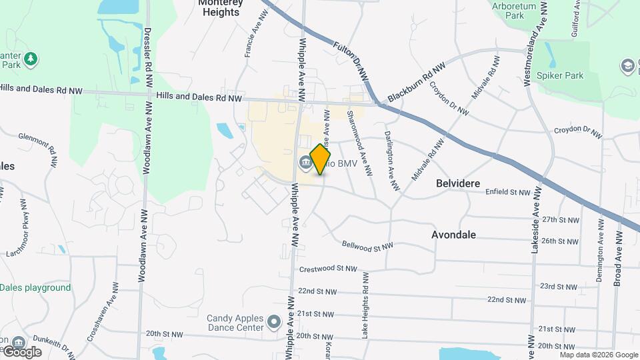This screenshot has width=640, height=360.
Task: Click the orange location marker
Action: [x=321, y=159]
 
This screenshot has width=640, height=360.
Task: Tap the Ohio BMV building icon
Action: [x=305, y=161]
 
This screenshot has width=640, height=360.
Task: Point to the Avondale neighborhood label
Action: [x=453, y=235]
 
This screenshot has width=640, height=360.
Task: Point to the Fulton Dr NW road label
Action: [x=352, y=63]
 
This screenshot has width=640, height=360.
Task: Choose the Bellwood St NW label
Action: [x=367, y=246]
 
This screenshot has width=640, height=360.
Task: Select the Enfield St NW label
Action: [x=507, y=192]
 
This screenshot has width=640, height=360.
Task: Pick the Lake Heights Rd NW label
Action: [x=365, y=305]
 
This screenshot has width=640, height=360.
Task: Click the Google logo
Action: [x=22, y=351]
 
